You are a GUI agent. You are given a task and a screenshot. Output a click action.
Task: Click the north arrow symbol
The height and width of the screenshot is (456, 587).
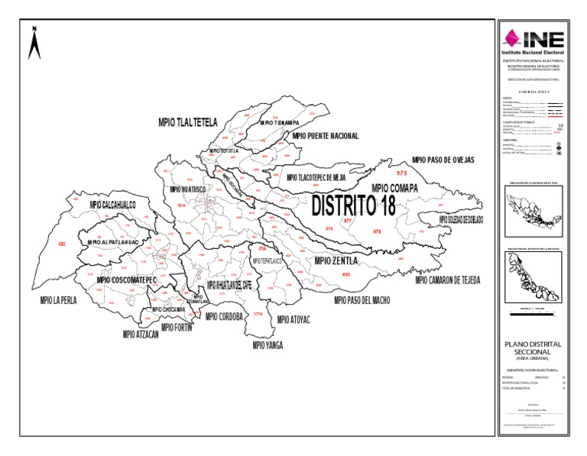(34, 43)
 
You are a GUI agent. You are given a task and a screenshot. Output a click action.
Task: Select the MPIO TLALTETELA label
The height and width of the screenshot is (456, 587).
(187, 122)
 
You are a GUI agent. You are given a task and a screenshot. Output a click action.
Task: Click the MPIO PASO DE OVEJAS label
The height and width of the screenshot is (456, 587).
(443, 160)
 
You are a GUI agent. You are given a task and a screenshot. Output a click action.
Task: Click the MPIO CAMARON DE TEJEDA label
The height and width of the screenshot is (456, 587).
(448, 280)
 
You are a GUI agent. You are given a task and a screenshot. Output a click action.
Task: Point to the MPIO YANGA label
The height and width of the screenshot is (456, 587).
(268, 345)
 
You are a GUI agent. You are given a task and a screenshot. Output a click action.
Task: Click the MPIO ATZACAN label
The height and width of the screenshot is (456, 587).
(140, 334)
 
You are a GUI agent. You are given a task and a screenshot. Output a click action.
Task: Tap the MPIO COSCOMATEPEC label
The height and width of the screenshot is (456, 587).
(126, 280)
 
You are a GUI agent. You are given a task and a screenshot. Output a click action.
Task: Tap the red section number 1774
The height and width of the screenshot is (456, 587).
(258, 315)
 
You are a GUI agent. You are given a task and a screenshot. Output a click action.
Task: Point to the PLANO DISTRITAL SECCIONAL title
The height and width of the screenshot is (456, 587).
(533, 348)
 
